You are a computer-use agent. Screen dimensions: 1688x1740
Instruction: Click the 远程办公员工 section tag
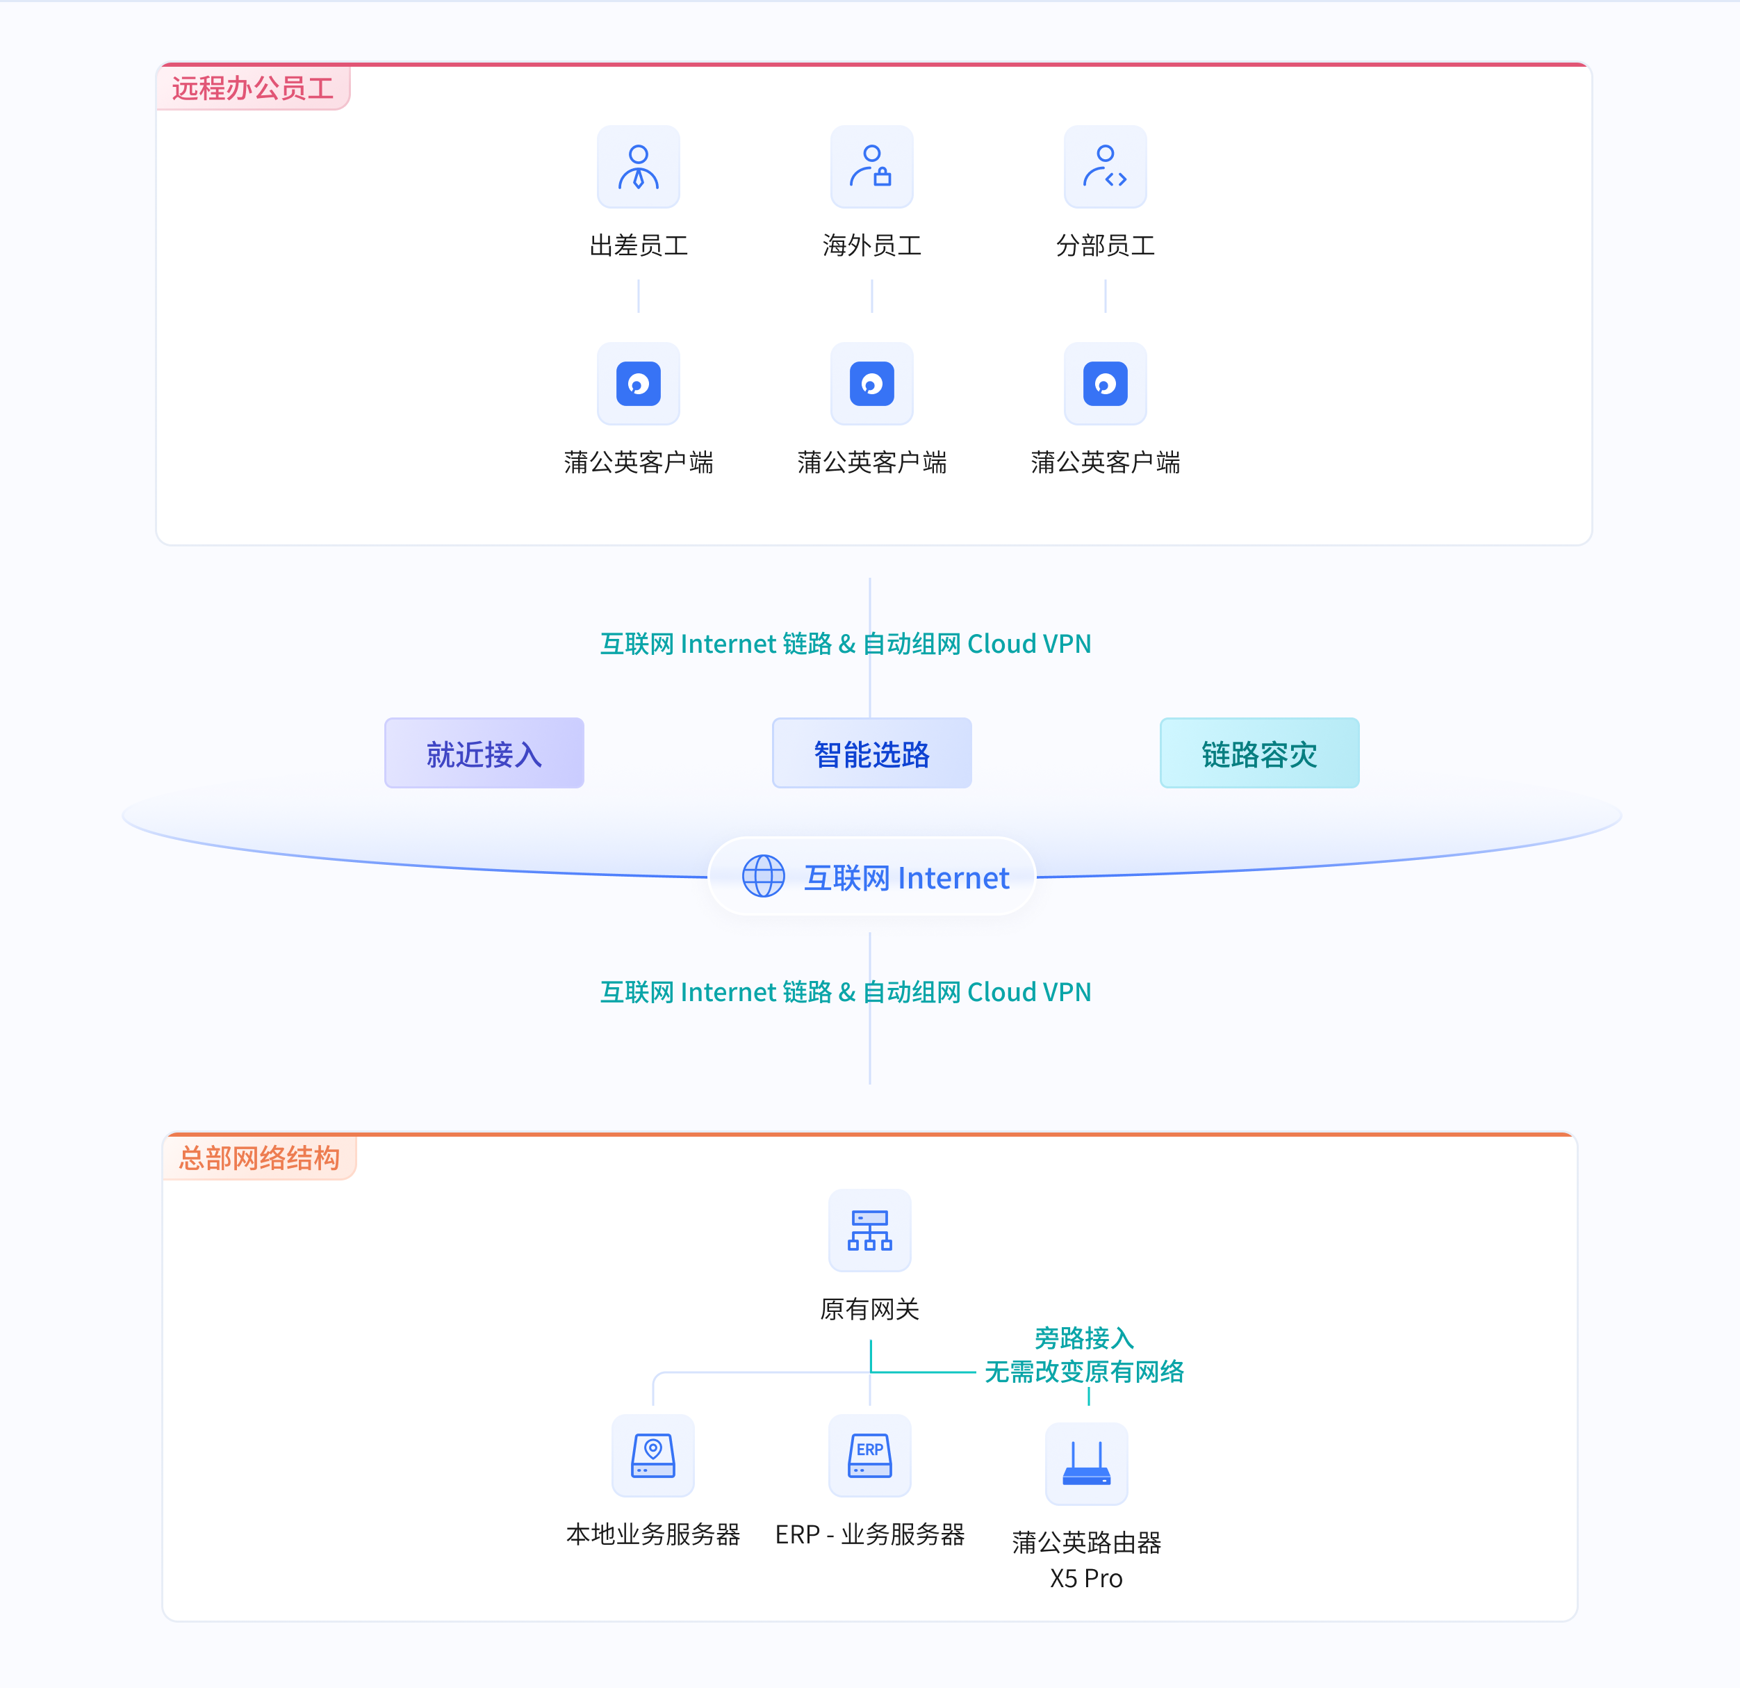tap(253, 88)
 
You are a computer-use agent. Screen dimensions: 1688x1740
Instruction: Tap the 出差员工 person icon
tap(639, 167)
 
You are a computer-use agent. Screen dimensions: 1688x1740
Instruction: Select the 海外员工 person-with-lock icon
tap(872, 167)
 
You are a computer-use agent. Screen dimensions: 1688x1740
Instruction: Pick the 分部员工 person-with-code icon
tap(1106, 167)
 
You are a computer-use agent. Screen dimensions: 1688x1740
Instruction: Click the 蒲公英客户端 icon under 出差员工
tap(639, 384)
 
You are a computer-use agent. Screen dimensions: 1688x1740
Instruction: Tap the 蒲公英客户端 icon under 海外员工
tap(872, 384)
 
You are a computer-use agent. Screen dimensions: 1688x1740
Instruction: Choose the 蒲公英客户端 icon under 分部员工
tap(1106, 384)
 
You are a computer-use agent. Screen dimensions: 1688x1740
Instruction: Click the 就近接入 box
tap(484, 753)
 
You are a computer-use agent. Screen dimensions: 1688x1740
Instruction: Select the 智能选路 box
tap(872, 753)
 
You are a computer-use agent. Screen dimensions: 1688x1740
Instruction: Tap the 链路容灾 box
tap(1259, 753)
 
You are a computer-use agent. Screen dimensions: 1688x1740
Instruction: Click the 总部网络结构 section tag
tap(259, 1157)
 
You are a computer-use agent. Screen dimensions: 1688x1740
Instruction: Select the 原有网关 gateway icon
tap(870, 1230)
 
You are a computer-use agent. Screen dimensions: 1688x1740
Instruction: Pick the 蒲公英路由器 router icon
tap(1087, 1463)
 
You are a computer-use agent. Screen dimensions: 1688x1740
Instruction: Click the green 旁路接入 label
tap(1084, 1337)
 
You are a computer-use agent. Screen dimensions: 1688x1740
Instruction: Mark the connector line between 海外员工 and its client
tap(872, 295)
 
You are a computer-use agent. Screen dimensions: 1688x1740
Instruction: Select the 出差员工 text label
tap(639, 245)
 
